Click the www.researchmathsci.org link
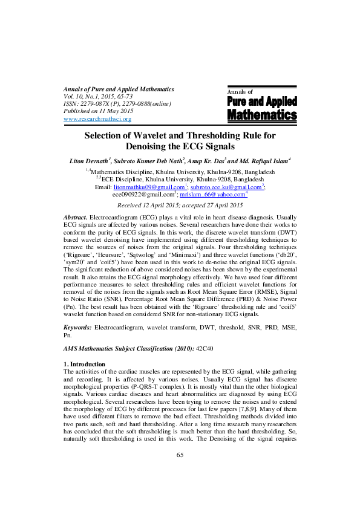tap(97, 119)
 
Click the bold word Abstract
tap(76, 216)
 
